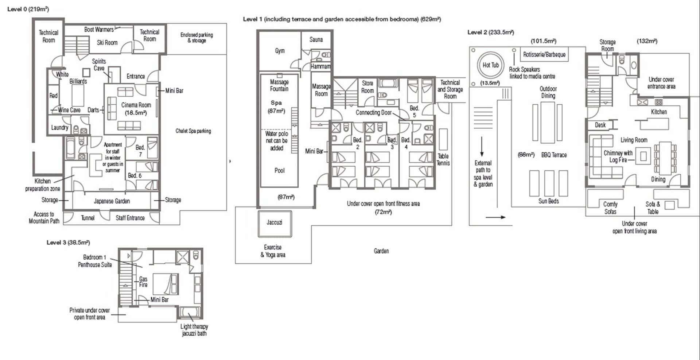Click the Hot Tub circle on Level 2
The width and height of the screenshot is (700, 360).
[x=491, y=54]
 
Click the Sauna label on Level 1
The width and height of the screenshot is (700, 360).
[x=316, y=39]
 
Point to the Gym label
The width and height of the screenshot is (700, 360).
[x=280, y=51]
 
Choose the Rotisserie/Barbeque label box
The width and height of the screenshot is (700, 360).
[x=544, y=54]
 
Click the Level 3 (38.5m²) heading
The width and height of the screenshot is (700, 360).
[x=68, y=242]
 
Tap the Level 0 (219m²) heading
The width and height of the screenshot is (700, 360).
[x=28, y=9]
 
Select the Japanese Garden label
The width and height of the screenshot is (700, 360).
[x=112, y=201]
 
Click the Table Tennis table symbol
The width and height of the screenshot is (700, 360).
[x=443, y=139]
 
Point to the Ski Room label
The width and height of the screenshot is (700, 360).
[x=107, y=42]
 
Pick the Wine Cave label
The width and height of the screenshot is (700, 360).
[x=69, y=109]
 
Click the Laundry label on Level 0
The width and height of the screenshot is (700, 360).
[x=59, y=127]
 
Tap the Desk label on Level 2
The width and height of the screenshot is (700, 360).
[x=600, y=125]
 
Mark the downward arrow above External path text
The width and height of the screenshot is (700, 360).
[x=482, y=147]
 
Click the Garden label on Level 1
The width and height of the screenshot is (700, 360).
[x=381, y=251]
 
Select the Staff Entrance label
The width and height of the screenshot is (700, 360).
[x=130, y=218]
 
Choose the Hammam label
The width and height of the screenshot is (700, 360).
[x=321, y=66]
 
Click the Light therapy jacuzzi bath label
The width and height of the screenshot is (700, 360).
[x=194, y=330]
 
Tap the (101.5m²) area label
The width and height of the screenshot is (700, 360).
[x=543, y=41]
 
